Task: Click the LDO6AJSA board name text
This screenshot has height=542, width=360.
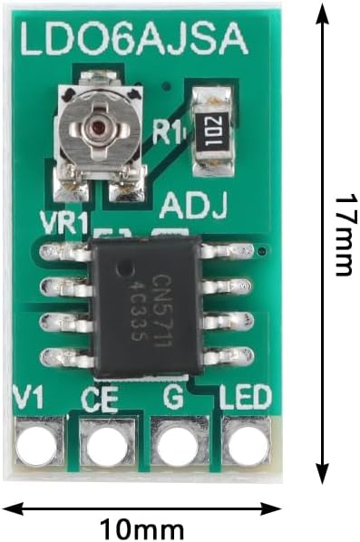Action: pyautogui.click(x=134, y=38)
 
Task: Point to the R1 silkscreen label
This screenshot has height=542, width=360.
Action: pyautogui.click(x=166, y=132)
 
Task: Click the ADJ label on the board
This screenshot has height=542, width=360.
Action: pyautogui.click(x=194, y=207)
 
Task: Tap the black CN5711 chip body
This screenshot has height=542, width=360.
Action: pyautogui.click(x=145, y=307)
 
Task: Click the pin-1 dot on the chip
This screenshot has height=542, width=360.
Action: pyautogui.click(x=124, y=269)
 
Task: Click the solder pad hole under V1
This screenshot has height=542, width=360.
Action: pyautogui.click(x=37, y=446)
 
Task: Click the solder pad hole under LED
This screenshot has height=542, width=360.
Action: pyautogui.click(x=248, y=445)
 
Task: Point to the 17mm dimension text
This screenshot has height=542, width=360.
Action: pyautogui.click(x=344, y=236)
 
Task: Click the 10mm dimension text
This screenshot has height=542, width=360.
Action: pyautogui.click(x=141, y=529)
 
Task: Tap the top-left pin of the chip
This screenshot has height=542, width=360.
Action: pyautogui.click(x=65, y=252)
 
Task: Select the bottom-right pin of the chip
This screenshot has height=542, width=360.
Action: pyautogui.click(x=229, y=357)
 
